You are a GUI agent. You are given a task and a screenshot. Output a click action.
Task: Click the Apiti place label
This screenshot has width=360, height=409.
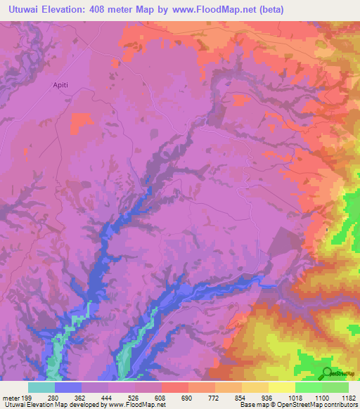pos(60,85)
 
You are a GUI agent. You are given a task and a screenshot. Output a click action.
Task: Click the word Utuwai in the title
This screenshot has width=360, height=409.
pos(28,9)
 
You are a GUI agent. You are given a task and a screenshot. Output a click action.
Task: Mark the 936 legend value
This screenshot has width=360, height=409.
pos(269,398)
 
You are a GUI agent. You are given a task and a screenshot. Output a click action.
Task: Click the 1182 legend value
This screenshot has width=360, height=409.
pos(348,398)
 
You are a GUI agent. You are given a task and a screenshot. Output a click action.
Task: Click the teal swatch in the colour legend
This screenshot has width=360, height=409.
pos(41,387)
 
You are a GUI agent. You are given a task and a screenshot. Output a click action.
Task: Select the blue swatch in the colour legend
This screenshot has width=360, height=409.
pos(68,387)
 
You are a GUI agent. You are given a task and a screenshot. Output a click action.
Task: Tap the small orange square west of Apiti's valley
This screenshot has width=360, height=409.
pos(82,122)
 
